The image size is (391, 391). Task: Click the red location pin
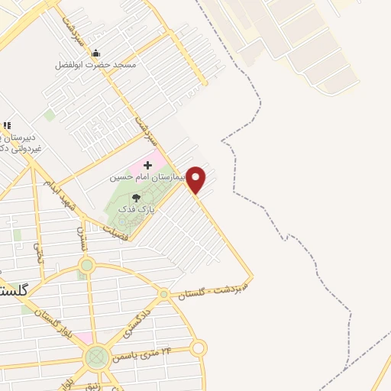click(196, 179)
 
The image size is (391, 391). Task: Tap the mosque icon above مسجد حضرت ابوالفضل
click(95, 53)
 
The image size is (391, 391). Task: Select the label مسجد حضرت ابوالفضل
click(95, 65)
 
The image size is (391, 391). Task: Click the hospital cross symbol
click(147, 165)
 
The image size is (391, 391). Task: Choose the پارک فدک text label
click(141, 208)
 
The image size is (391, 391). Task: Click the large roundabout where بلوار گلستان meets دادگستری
click(96, 357)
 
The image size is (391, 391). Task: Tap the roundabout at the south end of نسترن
click(86, 266)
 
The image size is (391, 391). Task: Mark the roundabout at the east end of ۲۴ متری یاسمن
click(199, 349)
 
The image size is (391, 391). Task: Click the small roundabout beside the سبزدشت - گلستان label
click(163, 294)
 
